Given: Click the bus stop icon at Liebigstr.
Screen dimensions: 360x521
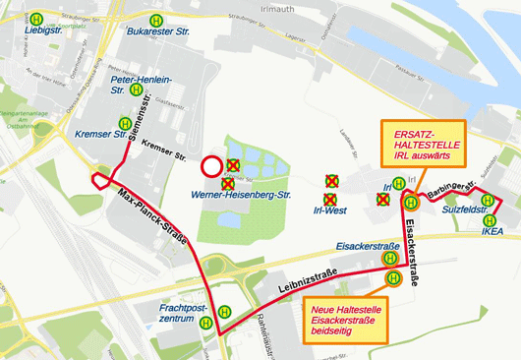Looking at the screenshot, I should click(36, 19).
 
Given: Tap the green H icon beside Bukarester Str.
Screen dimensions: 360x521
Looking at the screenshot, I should click(155, 20).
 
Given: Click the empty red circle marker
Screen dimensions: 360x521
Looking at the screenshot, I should click(211, 166).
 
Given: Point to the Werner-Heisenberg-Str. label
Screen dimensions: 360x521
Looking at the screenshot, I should click(242, 196).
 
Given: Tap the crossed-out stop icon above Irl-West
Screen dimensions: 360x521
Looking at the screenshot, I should click(332, 181).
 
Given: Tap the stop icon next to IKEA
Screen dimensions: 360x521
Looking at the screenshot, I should click(489, 220).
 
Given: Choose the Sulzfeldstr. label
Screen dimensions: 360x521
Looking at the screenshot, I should click(466, 210).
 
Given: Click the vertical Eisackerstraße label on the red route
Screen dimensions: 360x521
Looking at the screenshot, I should click(412, 263).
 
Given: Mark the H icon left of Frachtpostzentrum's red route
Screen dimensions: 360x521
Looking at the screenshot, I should click(206, 323).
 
